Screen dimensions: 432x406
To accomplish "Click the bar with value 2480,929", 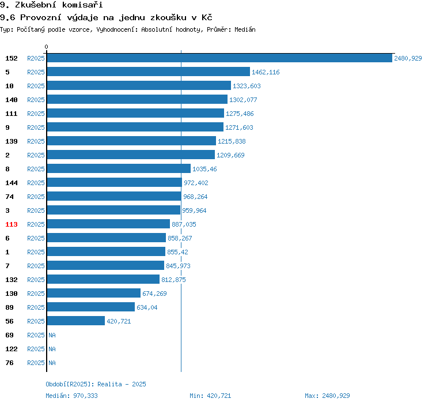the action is pyautogui.click(x=219, y=58).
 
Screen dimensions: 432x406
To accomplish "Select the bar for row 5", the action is pyautogui.click(x=149, y=72).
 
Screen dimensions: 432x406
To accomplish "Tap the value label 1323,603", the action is pyautogui.click(x=247, y=86).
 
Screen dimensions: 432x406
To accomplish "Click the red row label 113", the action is pyautogui.click(x=12, y=224).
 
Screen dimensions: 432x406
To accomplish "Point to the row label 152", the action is pyautogui.click(x=12, y=58).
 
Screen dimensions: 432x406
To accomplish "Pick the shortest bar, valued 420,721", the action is pyautogui.click(x=76, y=321).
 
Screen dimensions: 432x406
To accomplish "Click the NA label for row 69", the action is pyautogui.click(x=52, y=335).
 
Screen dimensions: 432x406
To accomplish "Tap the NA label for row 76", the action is pyautogui.click(x=52, y=363).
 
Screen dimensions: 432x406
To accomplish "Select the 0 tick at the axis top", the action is pyautogui.click(x=46, y=47).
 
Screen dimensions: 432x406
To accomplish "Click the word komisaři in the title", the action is pyautogui.click(x=82, y=5).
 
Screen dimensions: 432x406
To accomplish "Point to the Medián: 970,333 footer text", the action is pyautogui.click(x=71, y=396).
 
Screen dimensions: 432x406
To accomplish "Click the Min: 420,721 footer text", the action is pyautogui.click(x=210, y=396).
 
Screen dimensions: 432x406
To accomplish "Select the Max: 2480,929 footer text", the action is pyautogui.click(x=327, y=396).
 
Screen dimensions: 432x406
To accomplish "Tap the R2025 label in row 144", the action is pyautogui.click(x=36, y=183).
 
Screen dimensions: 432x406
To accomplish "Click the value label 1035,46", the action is pyautogui.click(x=204, y=169).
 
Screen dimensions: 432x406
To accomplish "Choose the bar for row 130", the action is pyautogui.click(x=94, y=293).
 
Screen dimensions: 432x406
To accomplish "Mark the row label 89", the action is pyautogui.click(x=9, y=307).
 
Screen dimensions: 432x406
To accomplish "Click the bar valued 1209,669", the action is pyautogui.click(x=131, y=155).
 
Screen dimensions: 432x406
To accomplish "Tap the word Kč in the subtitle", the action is pyautogui.click(x=207, y=17).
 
